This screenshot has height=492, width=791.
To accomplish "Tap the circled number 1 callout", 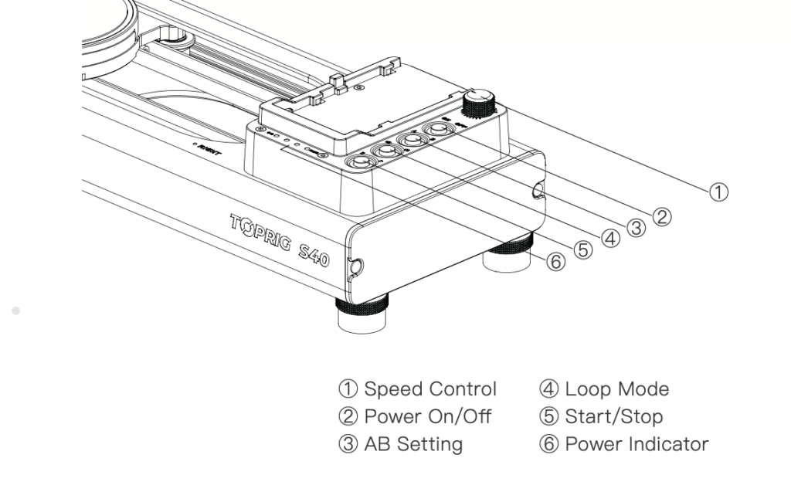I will coord(718,192).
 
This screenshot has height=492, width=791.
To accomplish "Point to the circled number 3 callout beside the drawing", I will coord(636,228).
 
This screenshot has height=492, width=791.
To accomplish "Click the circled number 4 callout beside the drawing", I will coord(610,238).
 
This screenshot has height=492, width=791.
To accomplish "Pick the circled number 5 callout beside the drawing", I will coord(582,249).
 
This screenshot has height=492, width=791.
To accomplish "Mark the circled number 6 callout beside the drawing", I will coord(555,262).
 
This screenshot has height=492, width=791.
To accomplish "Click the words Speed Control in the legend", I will coord(429,389).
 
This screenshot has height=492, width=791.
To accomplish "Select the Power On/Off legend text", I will coord(427,416).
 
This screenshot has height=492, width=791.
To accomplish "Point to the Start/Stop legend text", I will coord(613,416).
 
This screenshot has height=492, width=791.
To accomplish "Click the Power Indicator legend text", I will coord(636,444).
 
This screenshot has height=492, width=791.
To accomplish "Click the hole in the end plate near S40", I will coord(356,267).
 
